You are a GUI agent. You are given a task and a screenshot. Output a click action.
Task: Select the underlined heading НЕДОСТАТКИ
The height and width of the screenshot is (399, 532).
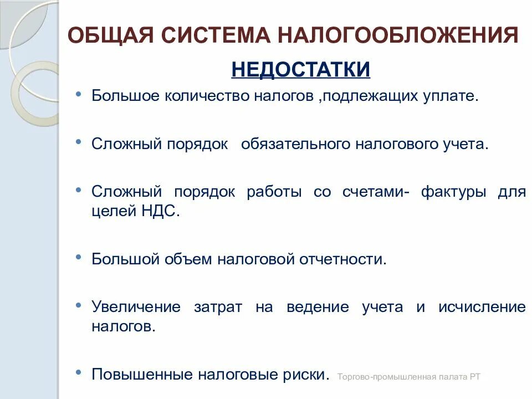point(300,70)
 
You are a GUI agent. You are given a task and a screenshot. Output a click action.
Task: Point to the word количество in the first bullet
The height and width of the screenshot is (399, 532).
point(203,95)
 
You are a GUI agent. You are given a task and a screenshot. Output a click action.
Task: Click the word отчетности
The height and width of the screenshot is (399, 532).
point(343,259)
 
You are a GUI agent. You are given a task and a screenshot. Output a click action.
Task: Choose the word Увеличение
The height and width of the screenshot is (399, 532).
point(136,307)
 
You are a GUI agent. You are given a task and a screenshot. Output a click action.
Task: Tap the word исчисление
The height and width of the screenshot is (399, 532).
point(482,307)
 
